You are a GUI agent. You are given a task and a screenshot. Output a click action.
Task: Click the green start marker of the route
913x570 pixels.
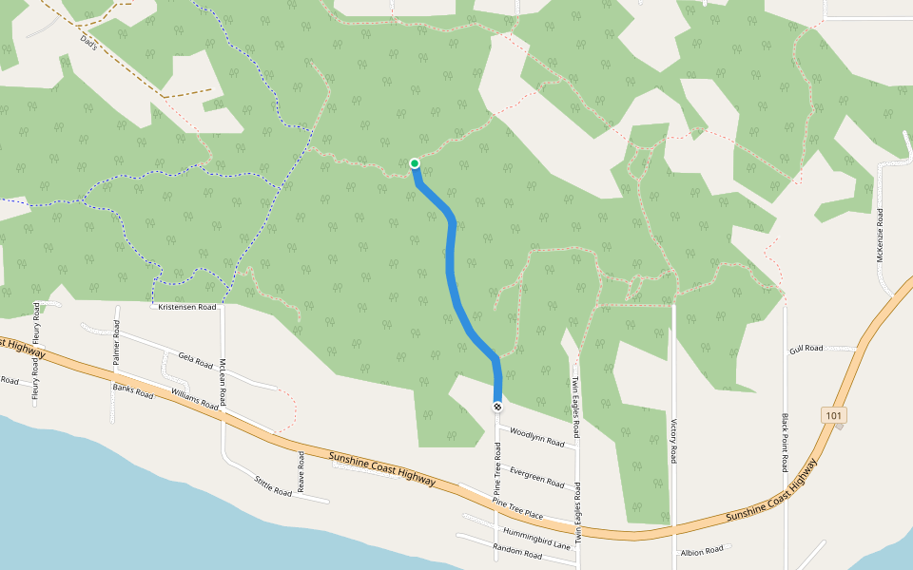415,163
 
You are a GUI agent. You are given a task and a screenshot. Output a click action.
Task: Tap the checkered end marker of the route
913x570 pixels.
497,407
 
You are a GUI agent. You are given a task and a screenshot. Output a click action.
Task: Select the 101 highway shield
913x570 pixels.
834,415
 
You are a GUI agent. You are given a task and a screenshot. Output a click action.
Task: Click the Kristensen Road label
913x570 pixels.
187,307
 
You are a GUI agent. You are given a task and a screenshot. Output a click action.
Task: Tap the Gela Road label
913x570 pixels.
196,359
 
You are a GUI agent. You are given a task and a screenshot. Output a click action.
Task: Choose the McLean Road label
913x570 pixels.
223,382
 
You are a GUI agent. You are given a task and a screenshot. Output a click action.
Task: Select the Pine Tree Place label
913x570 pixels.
517,508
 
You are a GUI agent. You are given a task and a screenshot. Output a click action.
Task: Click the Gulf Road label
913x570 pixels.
806,350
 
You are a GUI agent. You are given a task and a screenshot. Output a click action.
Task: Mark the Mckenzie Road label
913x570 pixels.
880,235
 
